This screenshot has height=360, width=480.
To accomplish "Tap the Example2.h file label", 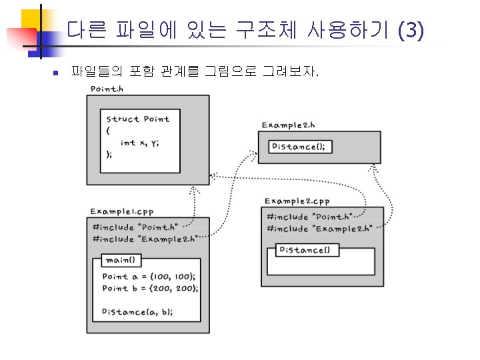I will (288, 125).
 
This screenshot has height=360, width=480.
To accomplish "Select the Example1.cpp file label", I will (122, 211).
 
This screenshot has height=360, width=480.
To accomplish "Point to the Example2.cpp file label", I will (297, 201).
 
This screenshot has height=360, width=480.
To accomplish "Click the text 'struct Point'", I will (138, 119).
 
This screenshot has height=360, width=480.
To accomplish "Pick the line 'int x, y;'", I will (140, 142).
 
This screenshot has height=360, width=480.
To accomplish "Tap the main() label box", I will (120, 260).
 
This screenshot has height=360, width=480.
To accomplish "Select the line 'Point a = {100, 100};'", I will (148, 276).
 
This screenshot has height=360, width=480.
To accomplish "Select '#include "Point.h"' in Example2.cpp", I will (309, 217).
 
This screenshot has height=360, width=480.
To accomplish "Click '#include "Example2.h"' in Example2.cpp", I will (318, 229).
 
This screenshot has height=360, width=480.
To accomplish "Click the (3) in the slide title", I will (409, 30).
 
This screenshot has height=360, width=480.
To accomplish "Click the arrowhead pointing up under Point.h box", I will (195, 190).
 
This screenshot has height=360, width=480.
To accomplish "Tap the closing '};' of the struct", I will (109, 153).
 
